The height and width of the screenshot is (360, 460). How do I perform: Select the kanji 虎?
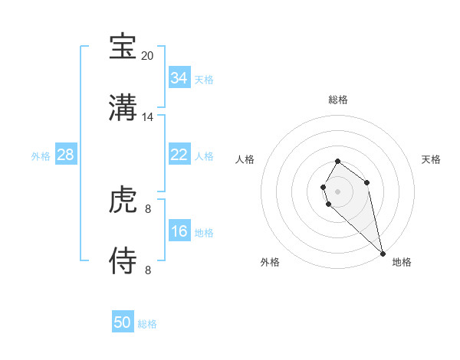(x=123, y=200)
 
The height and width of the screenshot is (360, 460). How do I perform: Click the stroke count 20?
(x=147, y=56)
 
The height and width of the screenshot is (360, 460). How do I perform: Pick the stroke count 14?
(x=148, y=117)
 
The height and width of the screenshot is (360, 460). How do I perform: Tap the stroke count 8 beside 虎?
(x=148, y=208)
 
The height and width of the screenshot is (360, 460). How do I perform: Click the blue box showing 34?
(x=179, y=78)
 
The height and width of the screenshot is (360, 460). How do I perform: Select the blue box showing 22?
(x=179, y=155)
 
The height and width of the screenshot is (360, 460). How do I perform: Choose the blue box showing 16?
(x=179, y=231)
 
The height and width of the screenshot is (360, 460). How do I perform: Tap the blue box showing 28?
(x=65, y=155)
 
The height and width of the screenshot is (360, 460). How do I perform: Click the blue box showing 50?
(x=122, y=322)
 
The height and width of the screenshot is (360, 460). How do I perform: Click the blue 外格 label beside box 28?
(x=41, y=156)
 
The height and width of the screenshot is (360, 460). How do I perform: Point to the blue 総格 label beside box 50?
(x=147, y=324)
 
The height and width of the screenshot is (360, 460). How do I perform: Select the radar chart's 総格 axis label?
(x=337, y=100)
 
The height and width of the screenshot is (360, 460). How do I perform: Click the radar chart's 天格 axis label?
(x=432, y=159)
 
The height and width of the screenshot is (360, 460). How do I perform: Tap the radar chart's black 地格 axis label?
(x=402, y=262)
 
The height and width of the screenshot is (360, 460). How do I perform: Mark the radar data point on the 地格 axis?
(x=383, y=253)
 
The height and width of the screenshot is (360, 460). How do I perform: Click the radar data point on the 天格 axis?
(x=367, y=182)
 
